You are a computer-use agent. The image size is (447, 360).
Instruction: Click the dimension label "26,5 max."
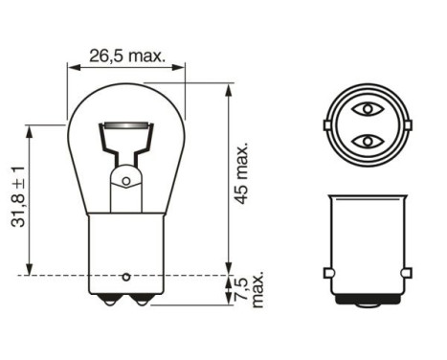point(126,56)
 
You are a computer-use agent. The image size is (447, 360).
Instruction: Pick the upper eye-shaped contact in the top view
point(369,110)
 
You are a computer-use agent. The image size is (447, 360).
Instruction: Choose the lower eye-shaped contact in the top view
point(369,142)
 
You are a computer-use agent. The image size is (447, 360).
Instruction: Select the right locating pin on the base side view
point(411,274)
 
